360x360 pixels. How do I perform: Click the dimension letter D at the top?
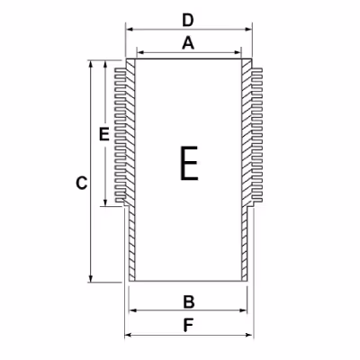(188, 21)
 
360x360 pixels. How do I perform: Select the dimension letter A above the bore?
(188, 43)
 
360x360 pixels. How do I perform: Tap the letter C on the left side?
(81, 184)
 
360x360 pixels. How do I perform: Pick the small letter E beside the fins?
(104, 134)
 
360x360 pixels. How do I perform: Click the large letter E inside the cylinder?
(189, 163)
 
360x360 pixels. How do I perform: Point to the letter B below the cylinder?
(189, 302)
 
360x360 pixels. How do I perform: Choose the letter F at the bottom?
(188, 325)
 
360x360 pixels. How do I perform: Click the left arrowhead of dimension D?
(130, 29)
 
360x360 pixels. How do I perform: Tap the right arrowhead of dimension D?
(248, 29)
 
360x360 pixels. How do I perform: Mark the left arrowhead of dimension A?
(140, 53)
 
